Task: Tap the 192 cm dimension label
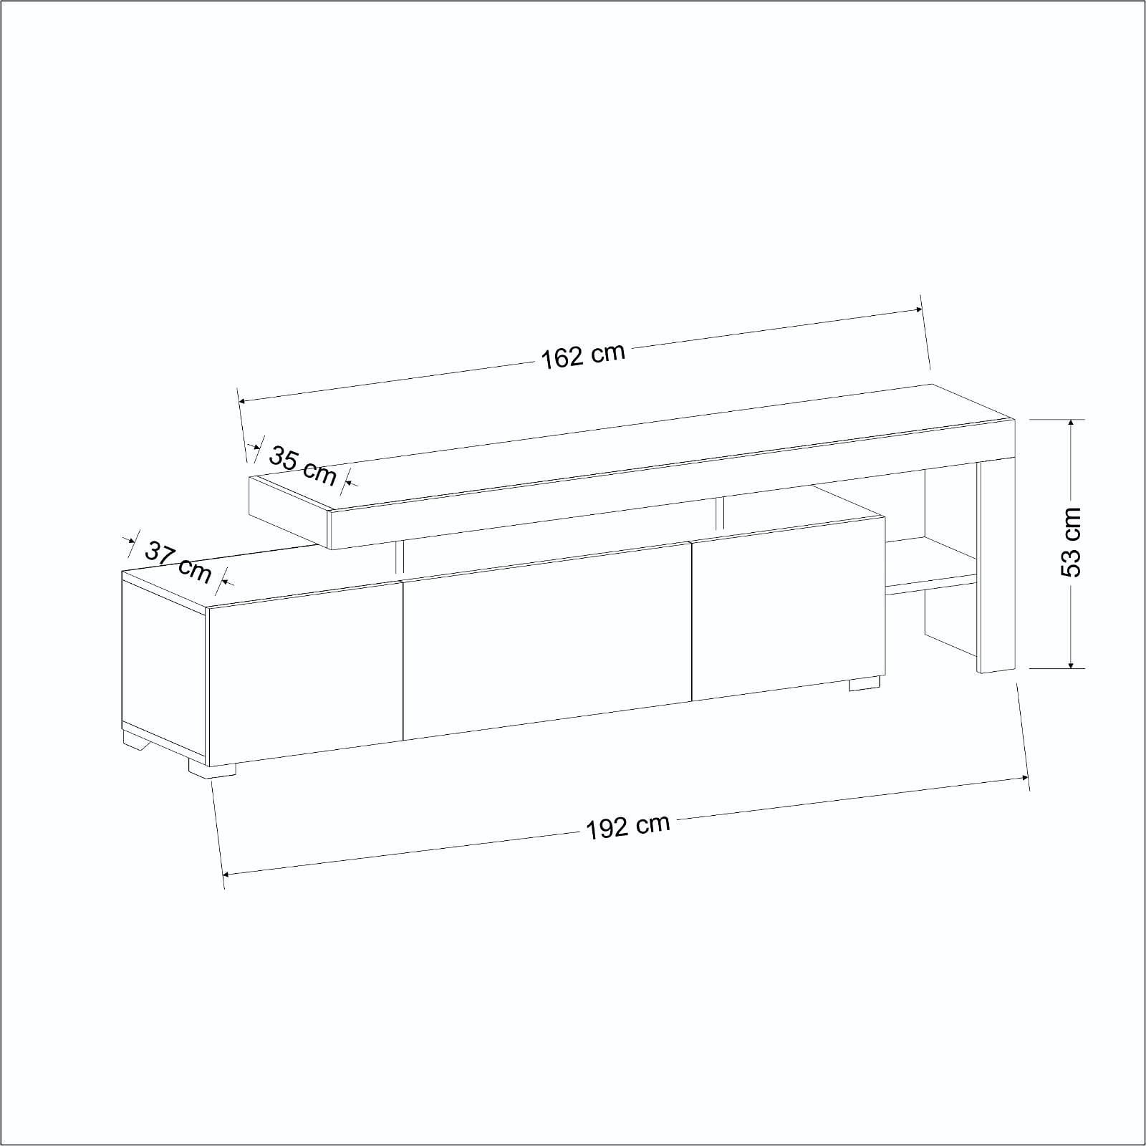(x=628, y=827)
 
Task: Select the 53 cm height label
(x=1071, y=542)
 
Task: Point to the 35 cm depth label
(x=302, y=464)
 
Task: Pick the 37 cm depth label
(x=179, y=562)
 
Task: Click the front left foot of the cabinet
(x=212, y=769)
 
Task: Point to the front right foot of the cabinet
(x=865, y=683)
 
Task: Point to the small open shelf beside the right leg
(x=930, y=566)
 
